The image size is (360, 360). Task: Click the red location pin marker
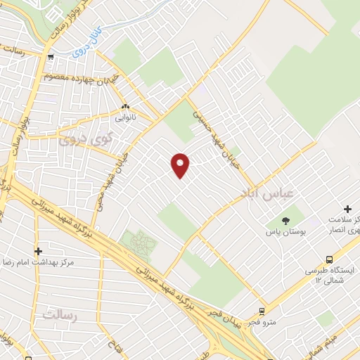point(181,165)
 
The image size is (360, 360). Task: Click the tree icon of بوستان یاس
point(276,219)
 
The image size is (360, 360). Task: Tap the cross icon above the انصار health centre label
point(347,209)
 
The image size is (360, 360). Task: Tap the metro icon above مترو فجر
point(262,311)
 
